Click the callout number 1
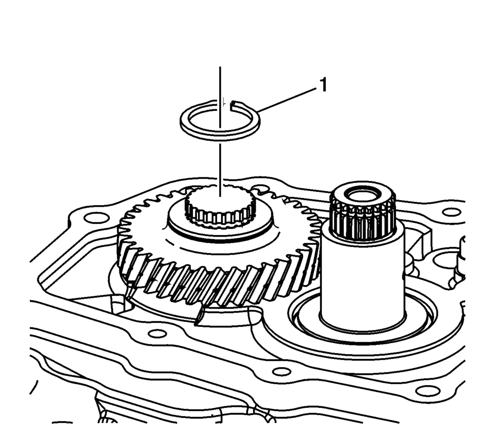(x=323, y=85)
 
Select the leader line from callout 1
(x=287, y=100)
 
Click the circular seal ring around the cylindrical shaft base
(x=362, y=319)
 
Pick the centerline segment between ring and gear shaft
(x=220, y=170)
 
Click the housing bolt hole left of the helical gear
(x=94, y=218)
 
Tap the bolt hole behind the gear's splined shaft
(x=260, y=189)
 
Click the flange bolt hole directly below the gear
(x=157, y=333)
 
